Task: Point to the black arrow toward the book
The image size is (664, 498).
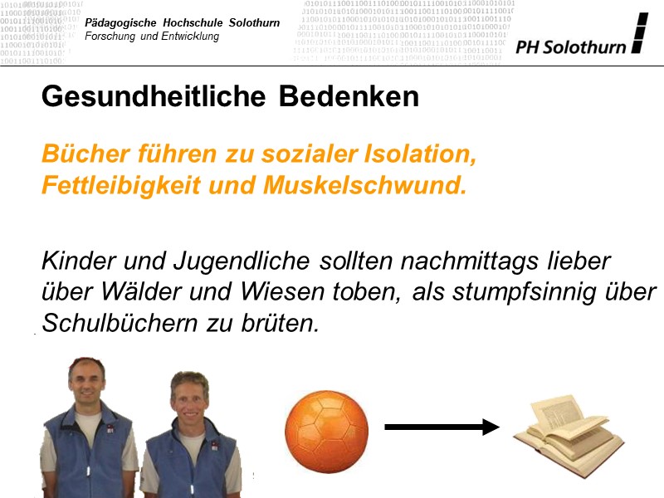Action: click(441, 427)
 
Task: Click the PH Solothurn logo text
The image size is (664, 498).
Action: click(570, 47)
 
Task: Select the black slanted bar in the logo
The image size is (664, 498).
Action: click(638, 33)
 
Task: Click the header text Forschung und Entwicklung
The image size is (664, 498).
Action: click(153, 37)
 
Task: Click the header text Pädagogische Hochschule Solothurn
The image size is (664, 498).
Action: click(183, 22)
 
